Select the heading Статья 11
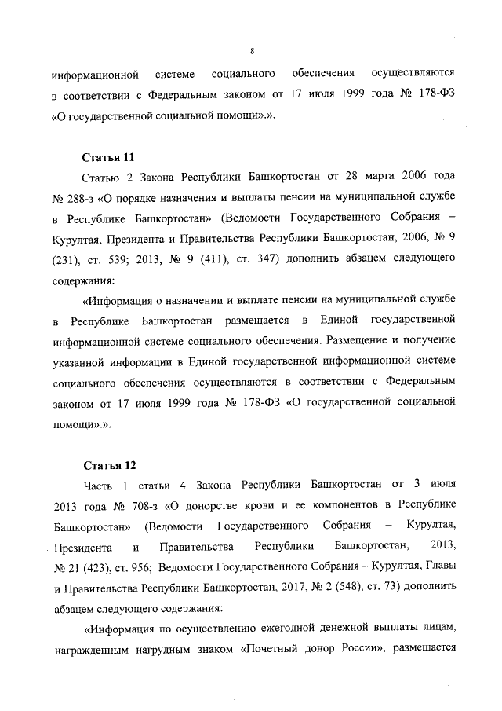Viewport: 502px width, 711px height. (x=106, y=157)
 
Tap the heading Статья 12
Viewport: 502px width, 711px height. (x=106, y=464)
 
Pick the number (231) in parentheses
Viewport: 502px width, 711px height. (x=66, y=259)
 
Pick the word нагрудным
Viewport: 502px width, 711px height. (x=166, y=649)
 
